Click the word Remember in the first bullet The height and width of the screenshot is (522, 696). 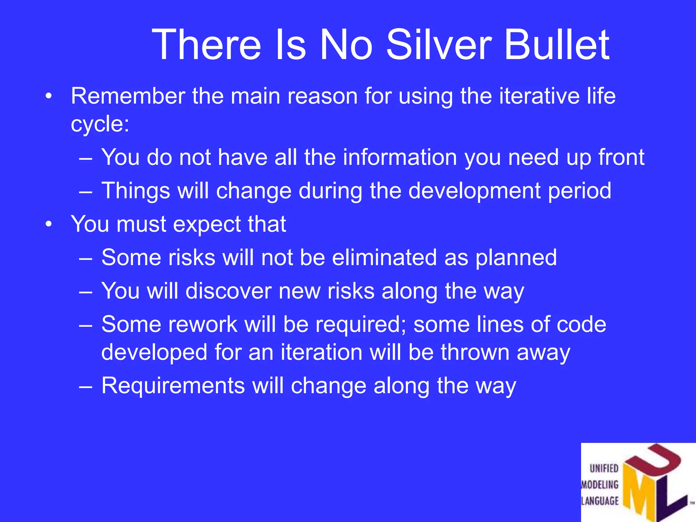tap(128, 96)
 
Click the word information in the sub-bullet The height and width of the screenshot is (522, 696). tap(400, 157)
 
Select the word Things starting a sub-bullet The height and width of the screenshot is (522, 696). tap(136, 191)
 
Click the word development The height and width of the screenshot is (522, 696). tap(474, 191)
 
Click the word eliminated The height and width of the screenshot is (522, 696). tap(384, 257)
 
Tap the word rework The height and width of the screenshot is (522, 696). tap(203, 325)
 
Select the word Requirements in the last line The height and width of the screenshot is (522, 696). tap(173, 386)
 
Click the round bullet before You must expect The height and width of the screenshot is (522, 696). tap(49, 224)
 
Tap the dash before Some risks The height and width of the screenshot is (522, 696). tap(85, 258)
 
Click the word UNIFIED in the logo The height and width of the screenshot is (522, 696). tap(604, 469)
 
